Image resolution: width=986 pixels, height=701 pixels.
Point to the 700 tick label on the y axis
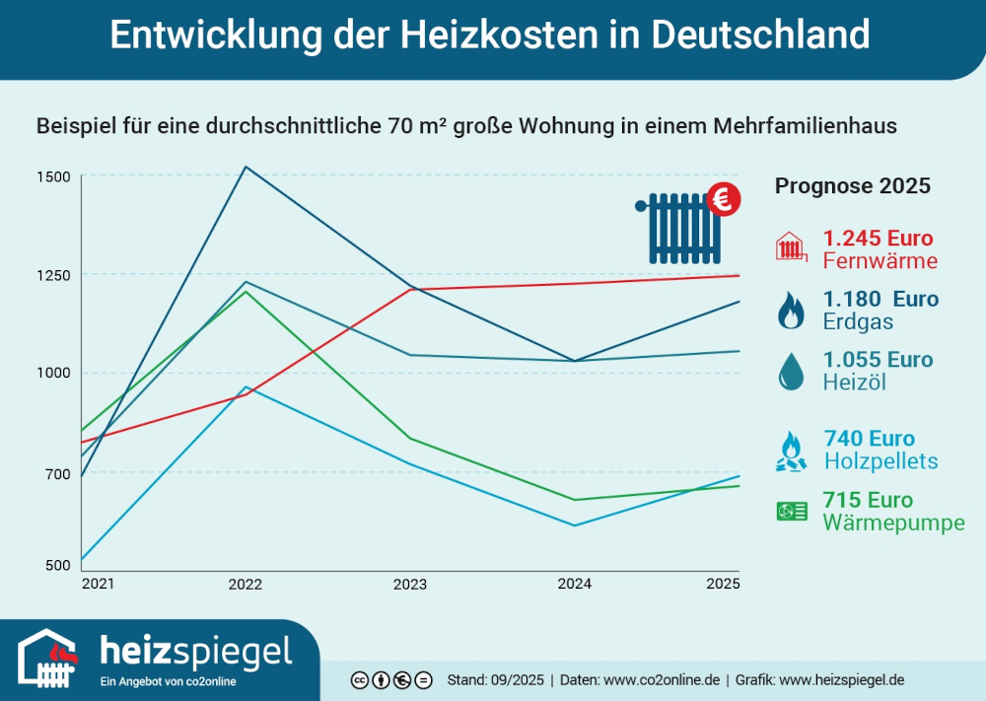pos(57,473)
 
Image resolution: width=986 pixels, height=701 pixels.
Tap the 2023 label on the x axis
pos(410,585)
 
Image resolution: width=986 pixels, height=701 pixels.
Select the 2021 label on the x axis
pos(98,584)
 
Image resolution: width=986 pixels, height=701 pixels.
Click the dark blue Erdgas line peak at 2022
pos(246,167)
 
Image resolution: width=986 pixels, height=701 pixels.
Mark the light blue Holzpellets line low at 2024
pos(575,526)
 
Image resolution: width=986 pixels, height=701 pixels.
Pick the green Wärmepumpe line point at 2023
pos(410,438)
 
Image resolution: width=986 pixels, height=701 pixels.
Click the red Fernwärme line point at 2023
pos(410,289)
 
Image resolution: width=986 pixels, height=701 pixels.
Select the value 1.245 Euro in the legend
pos(878,239)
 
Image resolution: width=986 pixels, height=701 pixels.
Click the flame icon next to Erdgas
pos(790,311)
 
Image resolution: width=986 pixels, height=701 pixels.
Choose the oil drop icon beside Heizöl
pos(790,371)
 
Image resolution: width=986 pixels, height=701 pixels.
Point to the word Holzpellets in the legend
pos(880,461)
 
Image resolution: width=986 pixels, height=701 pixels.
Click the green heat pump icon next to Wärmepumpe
pos(792,511)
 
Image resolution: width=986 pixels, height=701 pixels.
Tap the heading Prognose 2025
pos(852,186)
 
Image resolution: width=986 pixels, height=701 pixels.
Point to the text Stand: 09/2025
pos(495,680)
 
